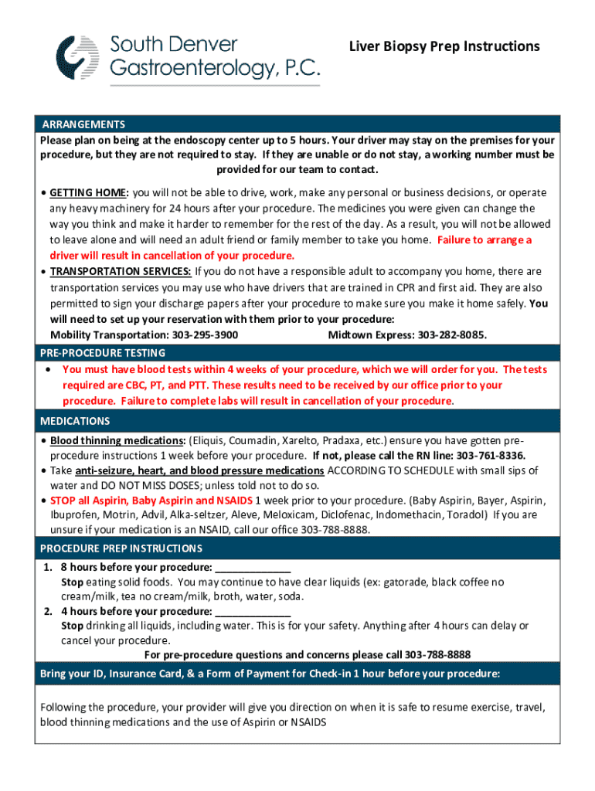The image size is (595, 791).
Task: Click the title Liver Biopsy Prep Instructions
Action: click(x=444, y=46)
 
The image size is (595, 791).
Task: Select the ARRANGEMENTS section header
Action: click(x=83, y=124)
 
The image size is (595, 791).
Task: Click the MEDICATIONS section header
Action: click(x=75, y=421)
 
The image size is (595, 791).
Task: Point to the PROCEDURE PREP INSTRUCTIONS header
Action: click(x=121, y=548)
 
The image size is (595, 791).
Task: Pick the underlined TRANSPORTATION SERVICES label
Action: click(x=121, y=271)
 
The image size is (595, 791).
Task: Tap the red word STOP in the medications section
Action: click(x=63, y=500)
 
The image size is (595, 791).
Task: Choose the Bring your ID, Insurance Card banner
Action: click(x=270, y=674)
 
